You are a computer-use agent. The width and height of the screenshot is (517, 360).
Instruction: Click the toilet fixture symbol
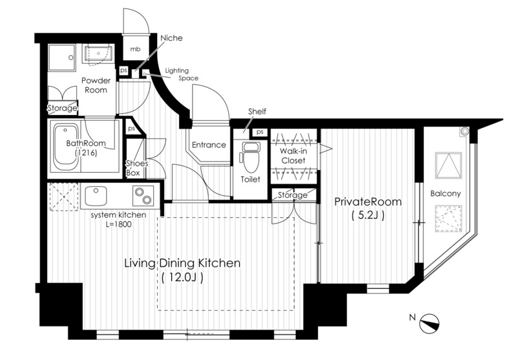(250, 158)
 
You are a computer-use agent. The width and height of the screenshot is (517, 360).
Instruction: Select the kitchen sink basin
(96, 196)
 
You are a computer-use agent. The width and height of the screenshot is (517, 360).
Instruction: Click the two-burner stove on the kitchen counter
(143, 195)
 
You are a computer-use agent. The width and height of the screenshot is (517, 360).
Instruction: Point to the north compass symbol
(429, 323)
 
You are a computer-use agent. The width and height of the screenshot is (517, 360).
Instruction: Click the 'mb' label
(135, 49)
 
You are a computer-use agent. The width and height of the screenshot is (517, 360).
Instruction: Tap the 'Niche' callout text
(171, 38)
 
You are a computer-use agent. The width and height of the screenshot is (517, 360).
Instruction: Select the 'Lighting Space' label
(182, 74)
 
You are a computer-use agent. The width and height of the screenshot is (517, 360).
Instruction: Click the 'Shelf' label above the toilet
(257, 111)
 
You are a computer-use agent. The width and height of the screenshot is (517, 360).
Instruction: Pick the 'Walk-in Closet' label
(293, 156)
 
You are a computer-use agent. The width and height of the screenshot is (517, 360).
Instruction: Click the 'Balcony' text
(445, 193)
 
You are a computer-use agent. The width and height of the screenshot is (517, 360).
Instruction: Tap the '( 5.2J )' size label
(368, 216)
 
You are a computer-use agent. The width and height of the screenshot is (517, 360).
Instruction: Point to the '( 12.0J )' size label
(182, 277)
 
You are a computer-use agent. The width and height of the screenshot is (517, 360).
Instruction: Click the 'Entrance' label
(209, 145)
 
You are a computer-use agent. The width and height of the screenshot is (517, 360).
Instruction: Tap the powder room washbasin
(98, 53)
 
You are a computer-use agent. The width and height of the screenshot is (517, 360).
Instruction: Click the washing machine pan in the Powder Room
(61, 58)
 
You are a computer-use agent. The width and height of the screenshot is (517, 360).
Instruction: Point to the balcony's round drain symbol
(465, 131)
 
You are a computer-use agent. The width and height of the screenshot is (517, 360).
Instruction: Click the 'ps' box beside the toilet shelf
(260, 132)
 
